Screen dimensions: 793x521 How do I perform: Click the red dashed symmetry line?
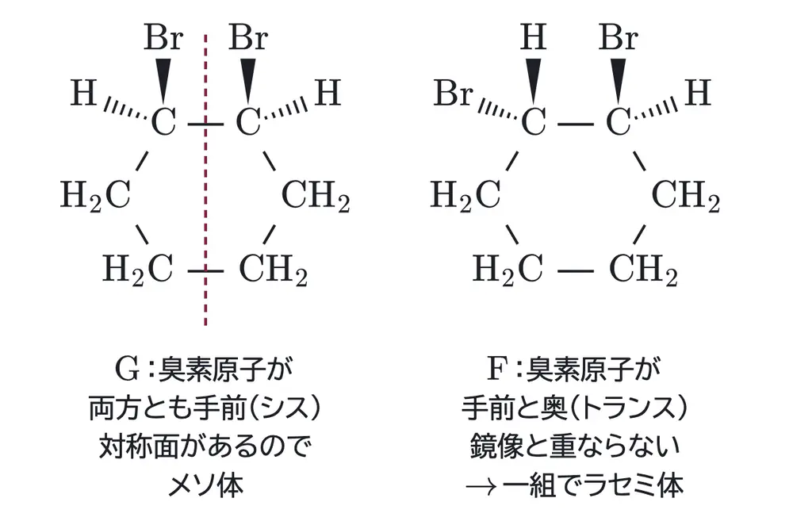[x=205, y=179]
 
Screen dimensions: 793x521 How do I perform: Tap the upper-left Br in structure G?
[x=163, y=37]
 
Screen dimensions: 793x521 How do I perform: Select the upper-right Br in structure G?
[x=247, y=37]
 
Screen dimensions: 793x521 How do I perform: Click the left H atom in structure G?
[x=83, y=93]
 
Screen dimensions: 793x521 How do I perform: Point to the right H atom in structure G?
[x=328, y=93]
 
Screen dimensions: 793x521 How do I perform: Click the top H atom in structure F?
[x=534, y=37]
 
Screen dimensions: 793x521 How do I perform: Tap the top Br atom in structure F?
[x=618, y=37]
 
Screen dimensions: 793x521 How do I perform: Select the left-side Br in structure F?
[x=453, y=93]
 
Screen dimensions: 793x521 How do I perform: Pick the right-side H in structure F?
[x=698, y=93]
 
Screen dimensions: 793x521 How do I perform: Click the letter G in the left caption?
[x=128, y=370]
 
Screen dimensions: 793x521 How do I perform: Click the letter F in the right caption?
[x=497, y=370]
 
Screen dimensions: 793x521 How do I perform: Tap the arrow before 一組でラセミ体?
[x=482, y=487]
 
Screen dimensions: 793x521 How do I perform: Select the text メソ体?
[x=205, y=485]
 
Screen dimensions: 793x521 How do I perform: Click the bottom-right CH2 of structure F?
[x=643, y=269]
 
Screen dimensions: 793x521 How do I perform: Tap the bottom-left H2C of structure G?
[x=137, y=269]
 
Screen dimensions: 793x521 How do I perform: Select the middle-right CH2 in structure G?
[x=316, y=196]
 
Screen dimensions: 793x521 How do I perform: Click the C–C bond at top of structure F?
[x=576, y=124]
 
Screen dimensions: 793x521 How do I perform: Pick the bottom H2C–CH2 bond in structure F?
[x=576, y=272]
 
